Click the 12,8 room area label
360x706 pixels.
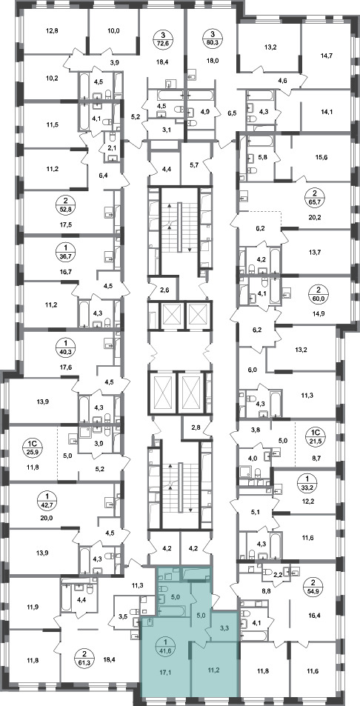52,31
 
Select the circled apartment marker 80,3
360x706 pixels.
211,39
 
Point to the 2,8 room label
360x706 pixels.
196,427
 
